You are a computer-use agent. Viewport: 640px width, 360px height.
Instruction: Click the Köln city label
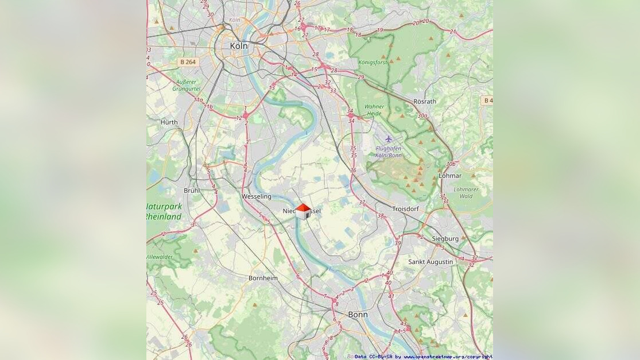tap(238, 45)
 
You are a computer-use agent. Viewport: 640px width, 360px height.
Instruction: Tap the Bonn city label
tap(358, 315)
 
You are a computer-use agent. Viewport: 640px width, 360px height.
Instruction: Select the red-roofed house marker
tap(303, 211)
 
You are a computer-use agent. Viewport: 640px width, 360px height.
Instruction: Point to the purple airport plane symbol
tap(389, 139)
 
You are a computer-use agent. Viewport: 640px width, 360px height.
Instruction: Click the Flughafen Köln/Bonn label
tap(388, 152)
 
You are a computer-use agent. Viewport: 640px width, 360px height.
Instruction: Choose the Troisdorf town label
tap(406, 209)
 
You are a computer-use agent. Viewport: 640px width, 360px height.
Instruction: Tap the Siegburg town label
tap(445, 238)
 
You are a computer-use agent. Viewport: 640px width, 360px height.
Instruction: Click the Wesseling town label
tap(257, 196)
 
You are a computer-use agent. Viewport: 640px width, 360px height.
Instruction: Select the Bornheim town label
tap(263, 278)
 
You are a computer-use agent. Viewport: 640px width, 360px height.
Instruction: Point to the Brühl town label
tap(192, 190)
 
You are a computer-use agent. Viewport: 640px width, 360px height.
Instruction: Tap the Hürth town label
tap(169, 122)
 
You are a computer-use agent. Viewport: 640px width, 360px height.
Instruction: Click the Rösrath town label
tap(425, 102)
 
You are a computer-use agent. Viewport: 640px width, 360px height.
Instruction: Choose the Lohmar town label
tap(449, 176)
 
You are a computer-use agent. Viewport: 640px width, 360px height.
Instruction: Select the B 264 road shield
tap(188, 62)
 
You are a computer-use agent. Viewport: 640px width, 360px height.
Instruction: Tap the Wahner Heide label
tap(374, 110)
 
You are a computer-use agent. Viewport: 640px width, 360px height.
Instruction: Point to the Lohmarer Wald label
tap(466, 192)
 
